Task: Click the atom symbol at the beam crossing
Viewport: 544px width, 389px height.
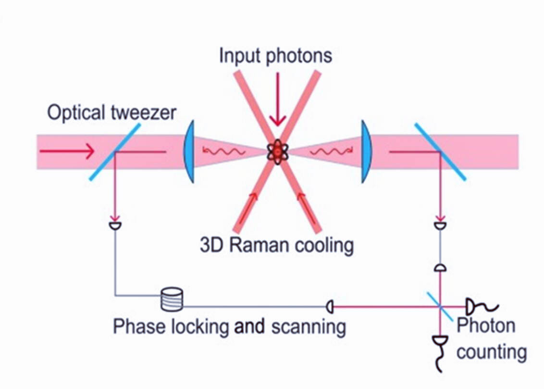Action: (277, 152)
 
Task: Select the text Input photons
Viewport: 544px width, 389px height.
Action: (275, 56)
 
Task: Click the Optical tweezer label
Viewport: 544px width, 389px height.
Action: (111, 113)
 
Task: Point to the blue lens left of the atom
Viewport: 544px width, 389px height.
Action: (189, 151)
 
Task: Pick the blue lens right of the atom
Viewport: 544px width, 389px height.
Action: (366, 151)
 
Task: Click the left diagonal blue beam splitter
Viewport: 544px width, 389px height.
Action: (115, 151)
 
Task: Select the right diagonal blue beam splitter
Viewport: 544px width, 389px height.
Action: (440, 151)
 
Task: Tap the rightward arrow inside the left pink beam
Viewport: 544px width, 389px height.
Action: (67, 151)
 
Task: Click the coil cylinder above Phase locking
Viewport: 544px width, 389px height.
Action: (172, 299)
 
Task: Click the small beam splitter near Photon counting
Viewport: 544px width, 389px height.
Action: (440, 306)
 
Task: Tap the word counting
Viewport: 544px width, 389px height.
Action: (491, 351)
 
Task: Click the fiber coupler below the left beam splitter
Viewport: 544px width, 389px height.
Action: (115, 226)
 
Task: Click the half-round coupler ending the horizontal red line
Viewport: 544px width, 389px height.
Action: (330, 306)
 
